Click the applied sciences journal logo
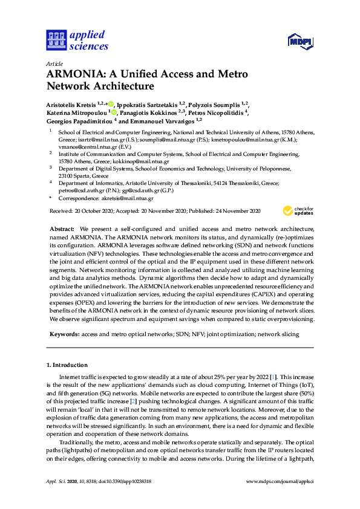pyautogui.click(x=77, y=40)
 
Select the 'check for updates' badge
pyautogui.click(x=298, y=210)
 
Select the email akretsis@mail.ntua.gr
pyautogui.click(x=128, y=198)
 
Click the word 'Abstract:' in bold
pyautogui.click(x=62, y=230)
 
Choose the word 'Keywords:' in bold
pyautogui.click(x=64, y=334)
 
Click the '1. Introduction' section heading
pyautogui.click(x=67, y=365)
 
